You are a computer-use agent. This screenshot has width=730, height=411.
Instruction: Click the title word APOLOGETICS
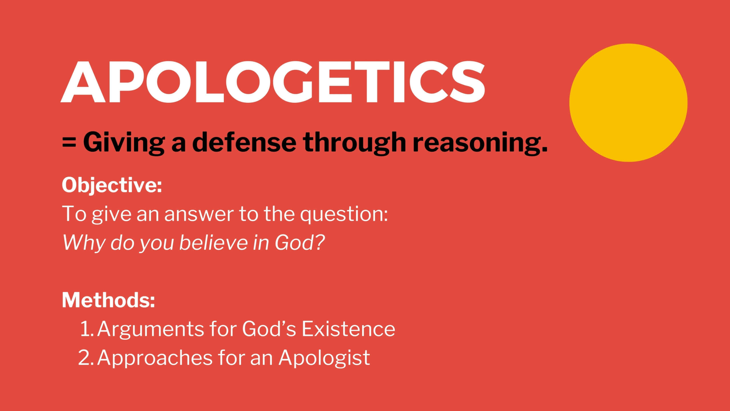[x=273, y=82]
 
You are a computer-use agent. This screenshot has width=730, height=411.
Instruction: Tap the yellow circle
[x=628, y=103]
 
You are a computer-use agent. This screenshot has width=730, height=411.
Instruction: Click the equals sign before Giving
[x=69, y=142]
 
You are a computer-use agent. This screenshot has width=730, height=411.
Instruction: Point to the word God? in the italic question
[x=300, y=243]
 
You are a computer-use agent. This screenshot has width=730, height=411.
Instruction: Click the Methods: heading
[x=108, y=300]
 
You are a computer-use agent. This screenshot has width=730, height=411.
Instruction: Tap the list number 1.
[x=87, y=329]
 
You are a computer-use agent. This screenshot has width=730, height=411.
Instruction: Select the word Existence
[x=348, y=329]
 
